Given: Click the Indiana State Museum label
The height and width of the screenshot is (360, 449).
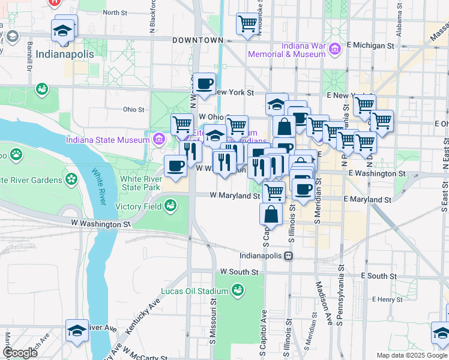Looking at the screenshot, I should (x=107, y=140).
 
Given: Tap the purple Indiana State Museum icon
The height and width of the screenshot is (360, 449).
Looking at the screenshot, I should (x=159, y=140).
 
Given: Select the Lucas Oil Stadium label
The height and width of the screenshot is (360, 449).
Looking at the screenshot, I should (x=194, y=292).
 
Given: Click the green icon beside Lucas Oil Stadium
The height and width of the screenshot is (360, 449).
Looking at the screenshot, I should (x=238, y=291).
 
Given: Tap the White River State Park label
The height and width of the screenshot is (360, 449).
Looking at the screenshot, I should (x=141, y=183).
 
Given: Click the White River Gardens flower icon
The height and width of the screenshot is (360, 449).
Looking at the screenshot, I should (x=71, y=179).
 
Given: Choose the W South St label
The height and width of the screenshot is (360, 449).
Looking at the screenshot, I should (x=239, y=272).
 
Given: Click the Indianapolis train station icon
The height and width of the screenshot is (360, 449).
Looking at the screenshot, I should (x=289, y=256).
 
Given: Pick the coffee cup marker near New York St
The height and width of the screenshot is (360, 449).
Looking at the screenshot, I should (x=205, y=83).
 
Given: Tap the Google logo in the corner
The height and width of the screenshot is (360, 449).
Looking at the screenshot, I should (x=20, y=353).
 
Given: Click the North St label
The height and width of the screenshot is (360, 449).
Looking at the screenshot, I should (x=116, y=12).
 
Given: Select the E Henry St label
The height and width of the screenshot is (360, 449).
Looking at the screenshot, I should (x=387, y=299).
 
